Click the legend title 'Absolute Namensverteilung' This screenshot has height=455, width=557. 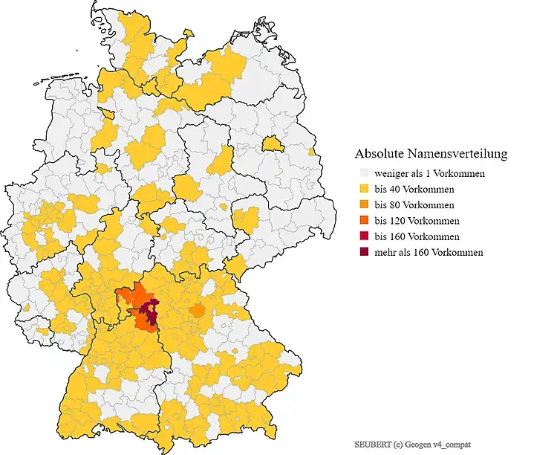coord(431,154)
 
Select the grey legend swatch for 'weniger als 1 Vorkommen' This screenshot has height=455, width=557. coord(363,173)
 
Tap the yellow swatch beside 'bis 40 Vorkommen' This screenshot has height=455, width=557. coord(363,189)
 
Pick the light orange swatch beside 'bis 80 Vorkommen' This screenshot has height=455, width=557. coord(363,204)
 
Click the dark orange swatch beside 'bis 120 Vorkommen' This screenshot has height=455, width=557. coord(363,221)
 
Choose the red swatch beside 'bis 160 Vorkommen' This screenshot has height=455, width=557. coord(363,236)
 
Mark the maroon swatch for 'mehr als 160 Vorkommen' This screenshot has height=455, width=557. coord(363,252)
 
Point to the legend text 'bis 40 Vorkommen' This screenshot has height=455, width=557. coord(414,189)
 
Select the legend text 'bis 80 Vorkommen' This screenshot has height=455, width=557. coord(414,204)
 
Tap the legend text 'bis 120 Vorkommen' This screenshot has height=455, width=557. coord(417,221)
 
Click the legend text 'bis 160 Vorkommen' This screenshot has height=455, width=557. coord(417,236)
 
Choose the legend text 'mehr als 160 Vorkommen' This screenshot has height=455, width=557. coord(429,252)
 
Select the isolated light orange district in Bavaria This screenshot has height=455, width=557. coord(197,311)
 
